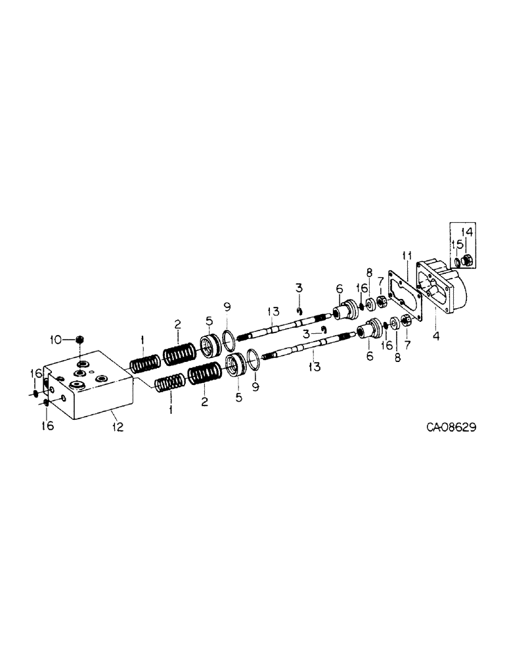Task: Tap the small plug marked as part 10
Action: (x=80, y=340)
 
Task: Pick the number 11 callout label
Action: (x=407, y=255)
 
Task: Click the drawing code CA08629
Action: (x=451, y=427)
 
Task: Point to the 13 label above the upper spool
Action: (x=273, y=311)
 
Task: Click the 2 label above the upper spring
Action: (x=177, y=323)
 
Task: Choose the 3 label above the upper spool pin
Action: (x=298, y=288)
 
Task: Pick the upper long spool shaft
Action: (x=282, y=326)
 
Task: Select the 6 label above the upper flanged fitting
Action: (x=339, y=288)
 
